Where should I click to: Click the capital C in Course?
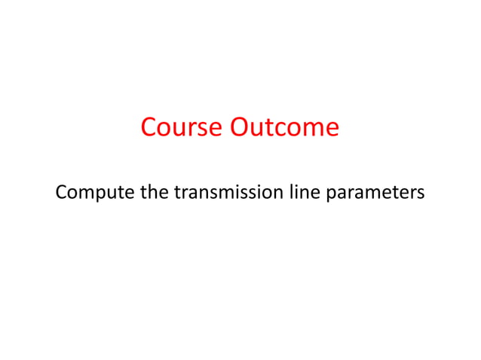[x=149, y=127]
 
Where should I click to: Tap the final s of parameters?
[x=421, y=194]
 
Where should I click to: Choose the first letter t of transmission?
[x=177, y=193]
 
